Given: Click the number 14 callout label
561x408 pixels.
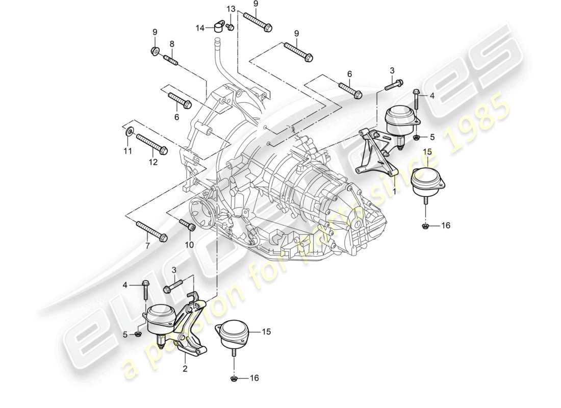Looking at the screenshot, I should click(201, 29).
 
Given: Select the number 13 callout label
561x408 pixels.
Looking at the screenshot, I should click(231, 9).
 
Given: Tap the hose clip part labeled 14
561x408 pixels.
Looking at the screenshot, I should click(220, 25).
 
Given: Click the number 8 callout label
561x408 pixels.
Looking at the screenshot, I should click(172, 44).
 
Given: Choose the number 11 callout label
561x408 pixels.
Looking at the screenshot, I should click(127, 150).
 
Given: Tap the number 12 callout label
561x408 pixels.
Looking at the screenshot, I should click(153, 163).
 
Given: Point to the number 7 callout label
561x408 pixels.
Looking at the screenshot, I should click(148, 246).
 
